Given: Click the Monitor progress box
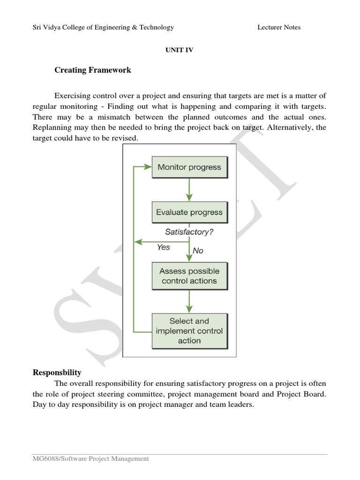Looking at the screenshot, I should pyautogui.click(x=189, y=167).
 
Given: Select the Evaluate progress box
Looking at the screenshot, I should pyautogui.click(x=189, y=212).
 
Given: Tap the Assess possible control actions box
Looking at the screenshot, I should pyautogui.click(x=189, y=276).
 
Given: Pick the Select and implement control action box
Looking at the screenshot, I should pyautogui.click(x=189, y=331).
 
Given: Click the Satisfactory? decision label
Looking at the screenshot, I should pyautogui.click(x=189, y=232).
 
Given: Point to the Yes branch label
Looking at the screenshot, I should pyautogui.click(x=164, y=247).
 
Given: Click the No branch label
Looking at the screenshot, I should pyautogui.click(x=198, y=251).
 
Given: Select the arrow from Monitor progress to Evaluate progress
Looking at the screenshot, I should pyautogui.click(x=189, y=189).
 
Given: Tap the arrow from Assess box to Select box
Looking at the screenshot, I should pyautogui.click(x=189, y=301).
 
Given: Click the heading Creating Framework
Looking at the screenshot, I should pyautogui.click(x=93, y=70).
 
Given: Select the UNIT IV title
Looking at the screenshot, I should pyautogui.click(x=180, y=50).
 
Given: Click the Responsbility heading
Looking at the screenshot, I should pyautogui.click(x=57, y=373).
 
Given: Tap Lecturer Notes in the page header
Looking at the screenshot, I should pyautogui.click(x=279, y=27).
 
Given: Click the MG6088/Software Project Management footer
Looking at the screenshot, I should pyautogui.click(x=90, y=459).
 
